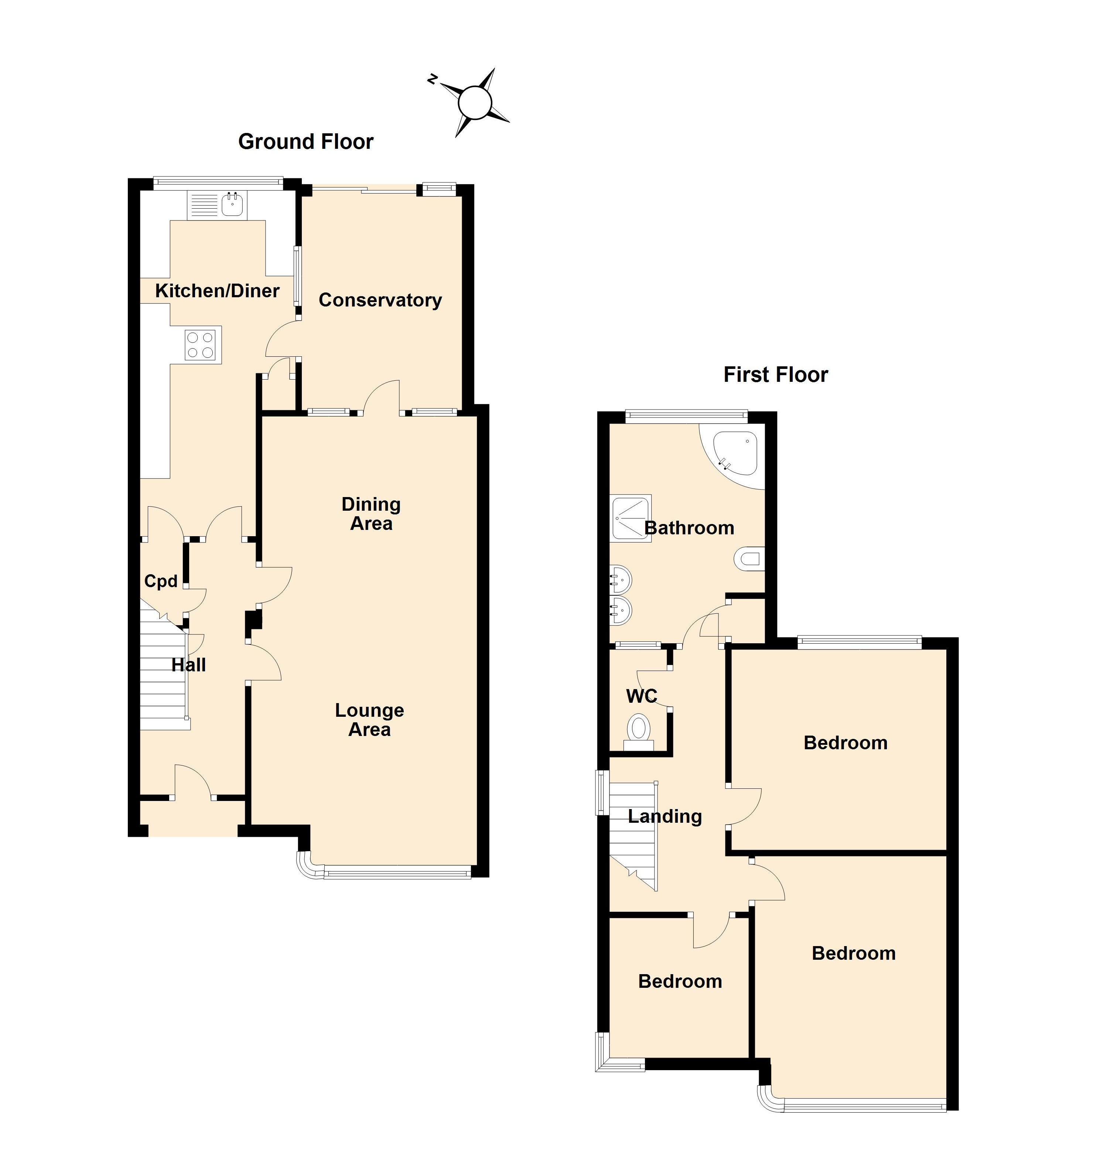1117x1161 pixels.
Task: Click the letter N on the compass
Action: [x=433, y=79]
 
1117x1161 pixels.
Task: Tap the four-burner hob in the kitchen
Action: [x=200, y=345]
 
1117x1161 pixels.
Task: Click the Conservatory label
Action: [x=380, y=300]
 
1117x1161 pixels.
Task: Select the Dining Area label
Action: [x=371, y=514]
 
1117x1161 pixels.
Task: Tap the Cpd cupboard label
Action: [x=161, y=581]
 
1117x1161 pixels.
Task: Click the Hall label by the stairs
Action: [x=188, y=665]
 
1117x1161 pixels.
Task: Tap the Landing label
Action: [x=664, y=816]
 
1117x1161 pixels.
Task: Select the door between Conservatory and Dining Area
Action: [x=382, y=397]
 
